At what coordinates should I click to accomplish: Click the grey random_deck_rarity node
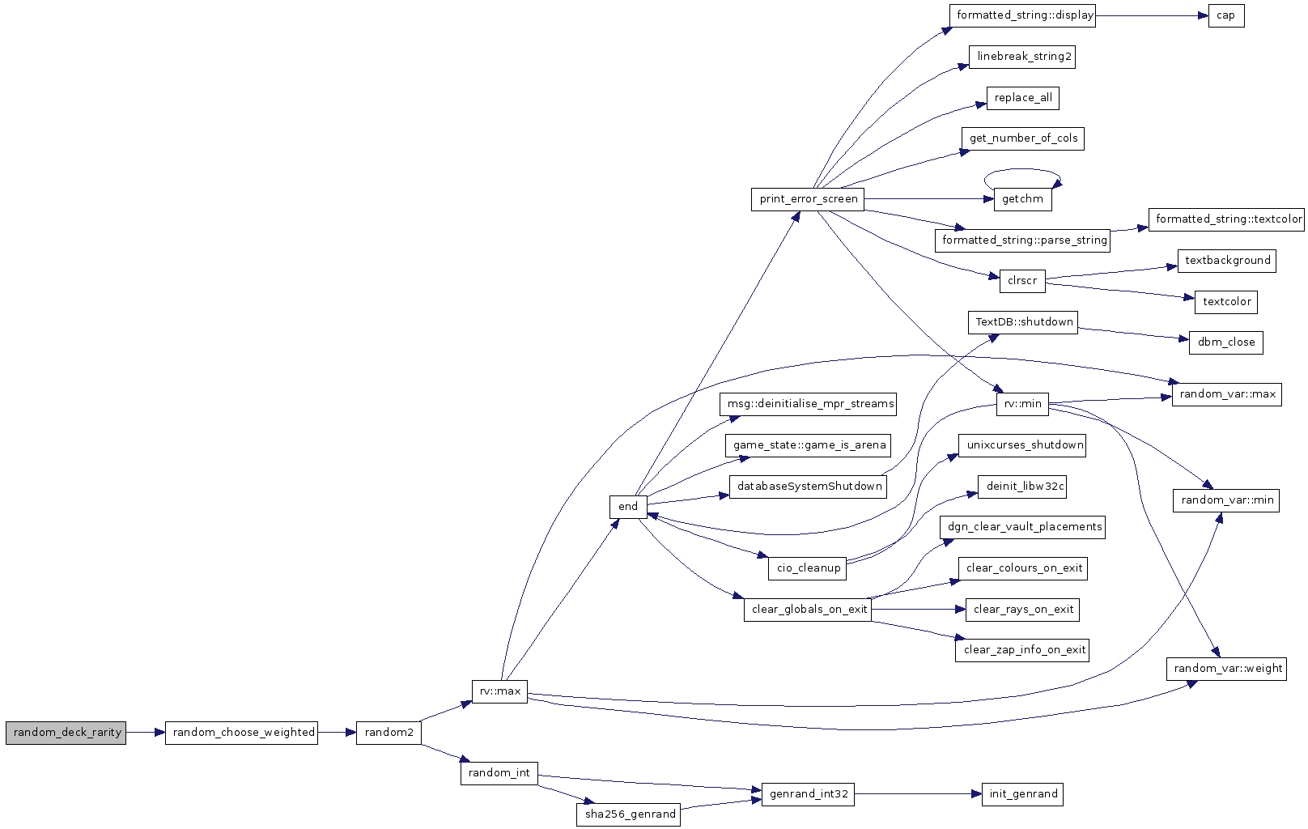66,733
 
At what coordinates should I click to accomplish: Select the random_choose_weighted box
241,733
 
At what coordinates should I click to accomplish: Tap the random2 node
389,733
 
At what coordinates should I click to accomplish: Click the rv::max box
500,691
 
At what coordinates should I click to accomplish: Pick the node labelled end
628,507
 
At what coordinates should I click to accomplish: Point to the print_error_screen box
808,199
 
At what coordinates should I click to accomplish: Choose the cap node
1226,15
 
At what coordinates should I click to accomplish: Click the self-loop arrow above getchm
1021,169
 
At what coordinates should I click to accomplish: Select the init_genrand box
1022,794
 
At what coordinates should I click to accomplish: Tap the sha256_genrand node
628,815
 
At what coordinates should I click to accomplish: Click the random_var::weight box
1226,669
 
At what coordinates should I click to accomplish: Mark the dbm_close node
1226,342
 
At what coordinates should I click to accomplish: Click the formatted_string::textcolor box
1226,219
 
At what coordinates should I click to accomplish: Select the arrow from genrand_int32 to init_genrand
918,794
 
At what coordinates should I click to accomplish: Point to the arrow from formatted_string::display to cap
1152,15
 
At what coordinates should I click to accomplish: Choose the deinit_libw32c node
1022,487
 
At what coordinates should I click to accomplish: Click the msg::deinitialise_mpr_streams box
808,404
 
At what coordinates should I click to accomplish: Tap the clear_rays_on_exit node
1022,610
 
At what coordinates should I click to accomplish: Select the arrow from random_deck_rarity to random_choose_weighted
146,733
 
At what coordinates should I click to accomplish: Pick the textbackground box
1227,261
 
